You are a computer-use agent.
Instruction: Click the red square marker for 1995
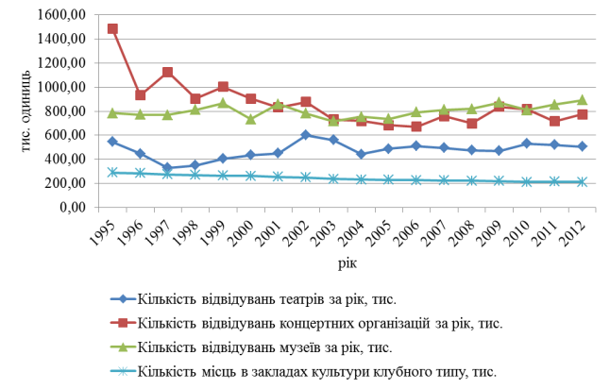112,28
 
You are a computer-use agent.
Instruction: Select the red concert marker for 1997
167,72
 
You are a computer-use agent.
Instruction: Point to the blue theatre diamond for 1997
167,168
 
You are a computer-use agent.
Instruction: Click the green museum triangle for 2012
583,100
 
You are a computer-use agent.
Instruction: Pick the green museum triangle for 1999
223,103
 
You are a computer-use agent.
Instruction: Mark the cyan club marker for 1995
112,173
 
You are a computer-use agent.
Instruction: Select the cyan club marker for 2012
583,182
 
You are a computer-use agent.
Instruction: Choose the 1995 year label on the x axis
110,232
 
